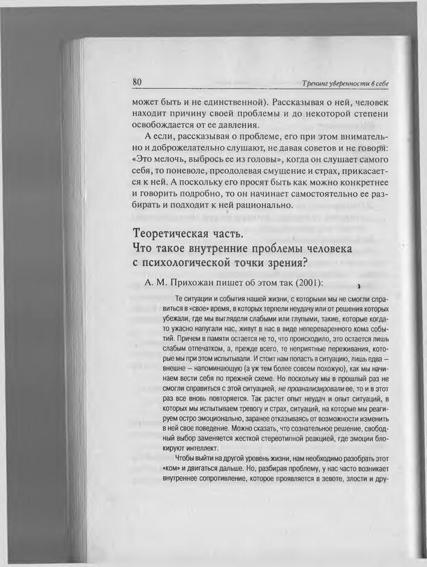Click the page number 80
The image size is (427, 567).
pos(136,82)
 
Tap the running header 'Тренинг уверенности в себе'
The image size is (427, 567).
pos(345,83)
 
